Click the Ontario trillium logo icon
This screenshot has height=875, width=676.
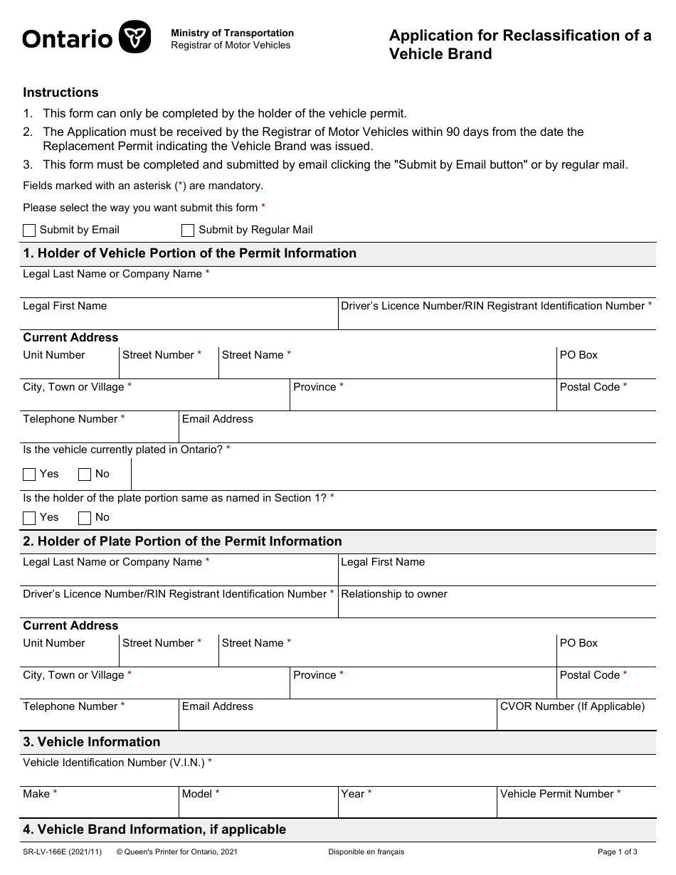[134, 37]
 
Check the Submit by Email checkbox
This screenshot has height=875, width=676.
[29, 230]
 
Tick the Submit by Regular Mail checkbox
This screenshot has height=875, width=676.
[188, 230]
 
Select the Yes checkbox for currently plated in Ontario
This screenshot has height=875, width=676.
[29, 474]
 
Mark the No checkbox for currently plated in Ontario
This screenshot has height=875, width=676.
[85, 474]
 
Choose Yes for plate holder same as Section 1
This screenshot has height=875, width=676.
[29, 518]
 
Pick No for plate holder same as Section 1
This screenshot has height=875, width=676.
[85, 518]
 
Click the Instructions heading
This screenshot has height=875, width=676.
[60, 92]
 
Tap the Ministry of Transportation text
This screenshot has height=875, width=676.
[232, 33]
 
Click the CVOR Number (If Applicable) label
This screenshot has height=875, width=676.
[572, 706]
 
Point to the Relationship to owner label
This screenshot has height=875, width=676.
[394, 594]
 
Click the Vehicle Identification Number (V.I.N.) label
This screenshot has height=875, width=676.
[114, 763]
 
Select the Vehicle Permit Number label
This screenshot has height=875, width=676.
[556, 794]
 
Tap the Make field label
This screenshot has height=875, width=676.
[36, 794]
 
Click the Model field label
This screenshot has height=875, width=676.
[197, 794]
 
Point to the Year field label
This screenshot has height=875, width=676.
[353, 794]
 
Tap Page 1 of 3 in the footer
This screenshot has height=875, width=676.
[617, 852]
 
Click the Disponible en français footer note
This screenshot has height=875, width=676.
[366, 852]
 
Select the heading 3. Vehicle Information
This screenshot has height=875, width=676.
[92, 742]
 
